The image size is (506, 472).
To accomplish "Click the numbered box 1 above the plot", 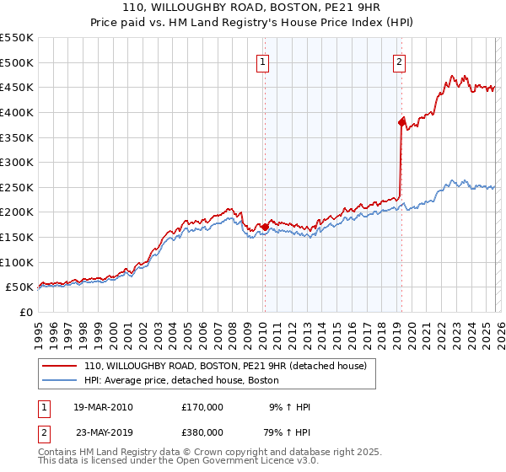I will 263,62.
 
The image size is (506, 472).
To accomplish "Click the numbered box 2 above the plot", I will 398,62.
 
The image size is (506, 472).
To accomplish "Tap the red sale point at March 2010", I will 265,227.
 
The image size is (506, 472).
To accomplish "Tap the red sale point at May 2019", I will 401,122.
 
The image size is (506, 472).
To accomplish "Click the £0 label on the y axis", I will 25,312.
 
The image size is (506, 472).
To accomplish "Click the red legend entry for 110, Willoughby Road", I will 225,367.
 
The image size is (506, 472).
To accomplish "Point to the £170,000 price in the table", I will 202,407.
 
